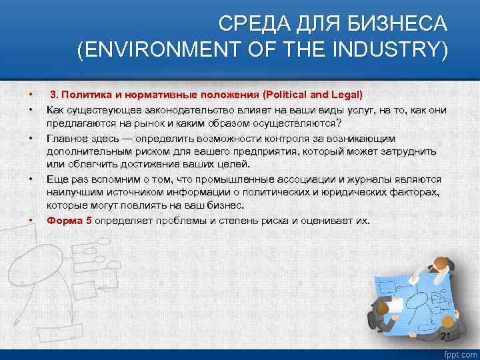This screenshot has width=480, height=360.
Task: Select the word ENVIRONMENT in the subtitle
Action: (167, 51)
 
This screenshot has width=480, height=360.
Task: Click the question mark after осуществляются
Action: (338, 123)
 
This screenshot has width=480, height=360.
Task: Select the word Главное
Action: (65, 138)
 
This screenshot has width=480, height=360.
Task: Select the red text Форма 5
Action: (69, 220)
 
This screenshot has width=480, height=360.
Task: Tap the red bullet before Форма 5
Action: (30, 221)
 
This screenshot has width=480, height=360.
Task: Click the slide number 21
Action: (446, 335)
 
